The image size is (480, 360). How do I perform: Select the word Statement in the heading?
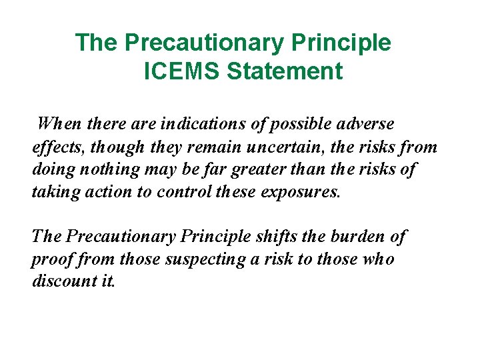coord(285,71)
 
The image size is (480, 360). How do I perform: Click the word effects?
coord(57,147)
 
